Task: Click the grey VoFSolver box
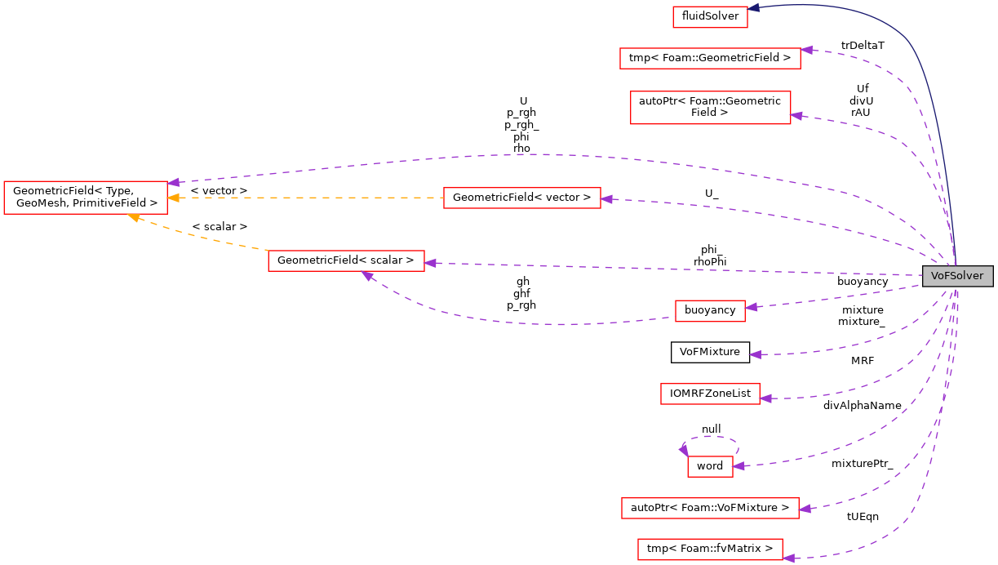coord(956,276)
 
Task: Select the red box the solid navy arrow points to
coord(710,17)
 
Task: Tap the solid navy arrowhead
coord(755,8)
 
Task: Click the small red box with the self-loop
coord(710,466)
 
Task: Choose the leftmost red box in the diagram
coord(85,198)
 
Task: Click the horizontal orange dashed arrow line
coord(310,198)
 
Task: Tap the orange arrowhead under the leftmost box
coord(133,217)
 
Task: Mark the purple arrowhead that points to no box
coord(756,354)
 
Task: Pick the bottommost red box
coord(710,549)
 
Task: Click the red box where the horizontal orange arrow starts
coord(522,198)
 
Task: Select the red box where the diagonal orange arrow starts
coord(346,261)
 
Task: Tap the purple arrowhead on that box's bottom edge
coord(368,276)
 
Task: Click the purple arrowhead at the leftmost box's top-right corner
coord(173,182)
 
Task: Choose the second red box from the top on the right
coord(710,58)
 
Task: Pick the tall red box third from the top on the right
coord(710,107)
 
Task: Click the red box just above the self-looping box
coord(710,394)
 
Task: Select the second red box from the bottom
coord(710,508)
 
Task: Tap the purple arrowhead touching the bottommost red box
coord(788,558)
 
